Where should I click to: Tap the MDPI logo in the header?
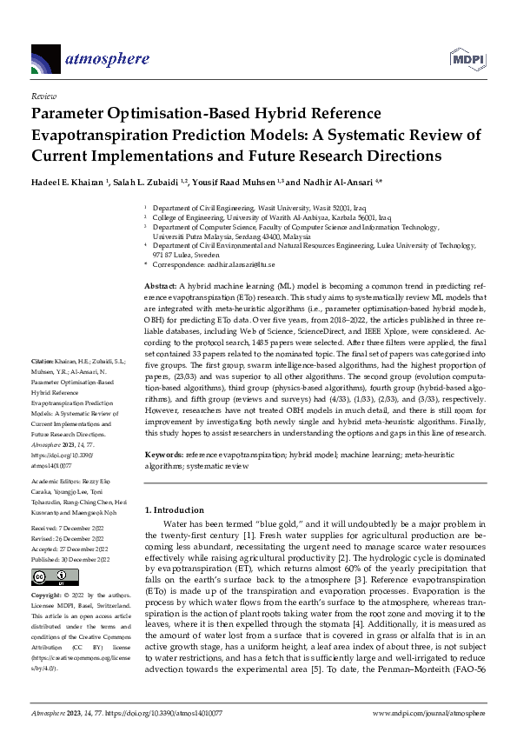[x=467, y=58]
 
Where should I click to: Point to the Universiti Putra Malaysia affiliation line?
[x=230, y=236]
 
